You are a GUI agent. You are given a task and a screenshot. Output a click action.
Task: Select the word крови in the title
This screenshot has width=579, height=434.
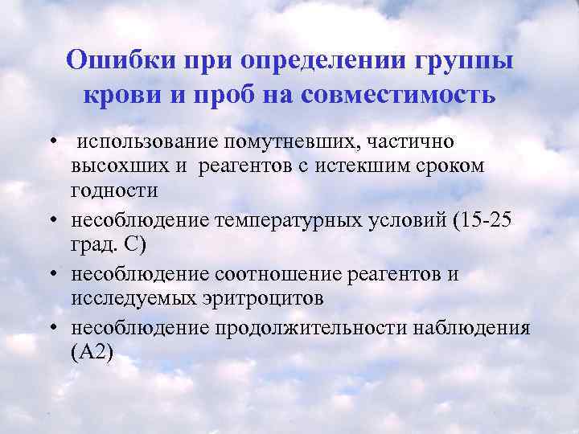(115, 95)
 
